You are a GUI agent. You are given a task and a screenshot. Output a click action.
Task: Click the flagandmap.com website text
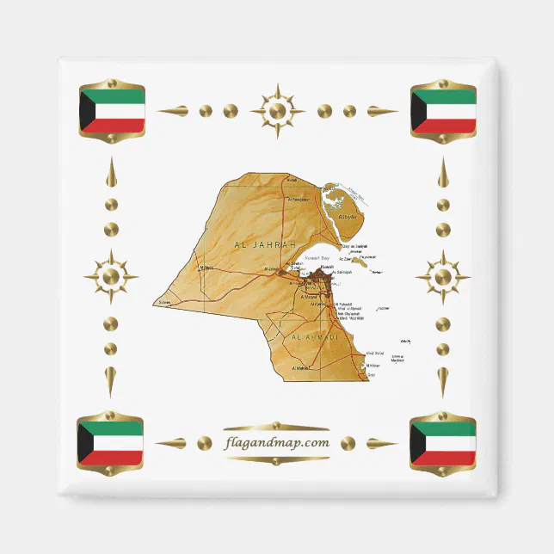[277, 443]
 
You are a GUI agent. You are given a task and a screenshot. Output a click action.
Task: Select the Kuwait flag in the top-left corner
[111, 110]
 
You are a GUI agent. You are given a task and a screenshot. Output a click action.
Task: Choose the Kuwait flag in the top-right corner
[443, 110]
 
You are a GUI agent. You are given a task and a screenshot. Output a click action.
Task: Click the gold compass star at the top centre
[277, 111]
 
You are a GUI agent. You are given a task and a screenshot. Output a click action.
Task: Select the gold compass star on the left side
[110, 277]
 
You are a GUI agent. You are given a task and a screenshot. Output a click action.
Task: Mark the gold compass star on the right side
[442, 277]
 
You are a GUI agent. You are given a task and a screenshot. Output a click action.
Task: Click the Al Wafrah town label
[300, 369]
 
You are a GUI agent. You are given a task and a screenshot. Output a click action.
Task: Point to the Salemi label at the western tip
[166, 303]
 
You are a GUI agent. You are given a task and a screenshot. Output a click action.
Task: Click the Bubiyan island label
[348, 219]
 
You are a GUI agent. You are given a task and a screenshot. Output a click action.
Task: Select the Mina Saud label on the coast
[375, 353]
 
